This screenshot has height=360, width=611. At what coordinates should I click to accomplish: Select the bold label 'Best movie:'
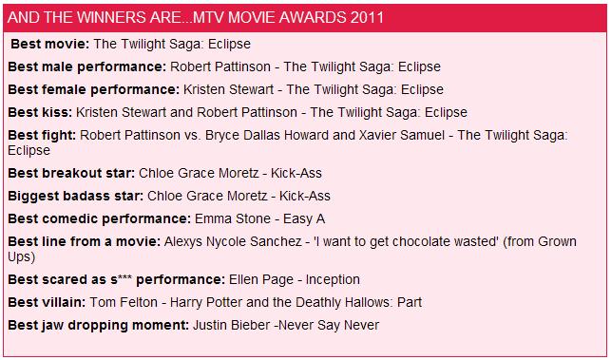tap(50, 44)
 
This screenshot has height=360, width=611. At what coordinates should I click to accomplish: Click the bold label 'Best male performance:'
tap(86, 66)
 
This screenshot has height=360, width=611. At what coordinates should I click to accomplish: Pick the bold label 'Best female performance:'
tap(93, 89)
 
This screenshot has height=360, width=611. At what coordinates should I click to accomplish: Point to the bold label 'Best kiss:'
tap(40, 112)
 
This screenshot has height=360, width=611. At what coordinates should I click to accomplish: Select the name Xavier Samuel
tap(402, 135)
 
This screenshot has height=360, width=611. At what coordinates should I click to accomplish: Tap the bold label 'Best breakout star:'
tap(71, 173)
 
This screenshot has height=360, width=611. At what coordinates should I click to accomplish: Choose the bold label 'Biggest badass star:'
tap(76, 196)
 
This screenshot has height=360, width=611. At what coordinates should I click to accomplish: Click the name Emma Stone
tap(233, 218)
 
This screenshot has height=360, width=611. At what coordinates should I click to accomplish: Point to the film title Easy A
tap(304, 219)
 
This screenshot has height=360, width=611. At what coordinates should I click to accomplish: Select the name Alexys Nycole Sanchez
tap(233, 241)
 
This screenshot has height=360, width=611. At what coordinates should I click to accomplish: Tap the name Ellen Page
tap(261, 280)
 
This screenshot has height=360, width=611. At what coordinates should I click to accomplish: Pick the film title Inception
tap(333, 280)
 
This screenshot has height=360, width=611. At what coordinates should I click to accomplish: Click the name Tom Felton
tap(124, 302)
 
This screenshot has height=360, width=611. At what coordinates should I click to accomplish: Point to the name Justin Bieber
tap(232, 325)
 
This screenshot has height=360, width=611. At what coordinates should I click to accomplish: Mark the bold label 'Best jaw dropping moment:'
tap(98, 325)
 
